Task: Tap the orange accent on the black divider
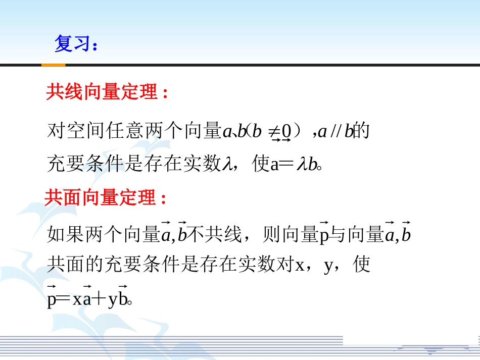[53, 65]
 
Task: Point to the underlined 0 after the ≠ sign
[286, 132]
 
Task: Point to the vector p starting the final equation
[51, 299]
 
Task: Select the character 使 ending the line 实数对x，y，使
[362, 264]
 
